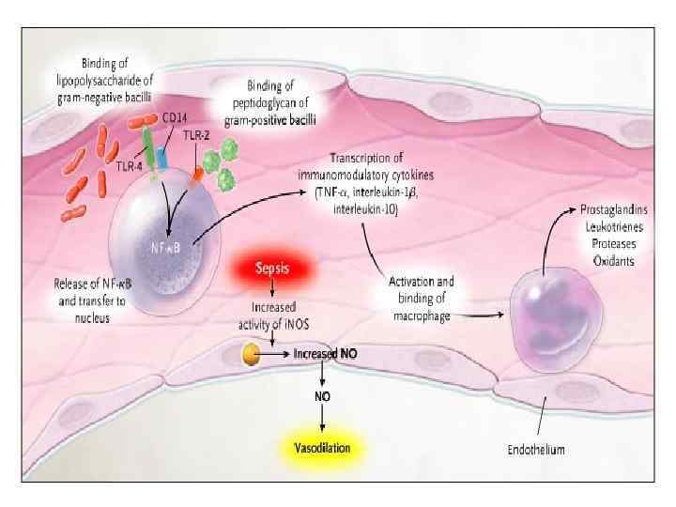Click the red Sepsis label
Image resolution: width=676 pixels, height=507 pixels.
click(271, 269)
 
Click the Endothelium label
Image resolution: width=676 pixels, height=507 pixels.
click(536, 451)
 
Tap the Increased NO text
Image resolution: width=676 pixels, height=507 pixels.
click(325, 354)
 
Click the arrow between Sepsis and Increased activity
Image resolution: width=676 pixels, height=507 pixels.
click(271, 293)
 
